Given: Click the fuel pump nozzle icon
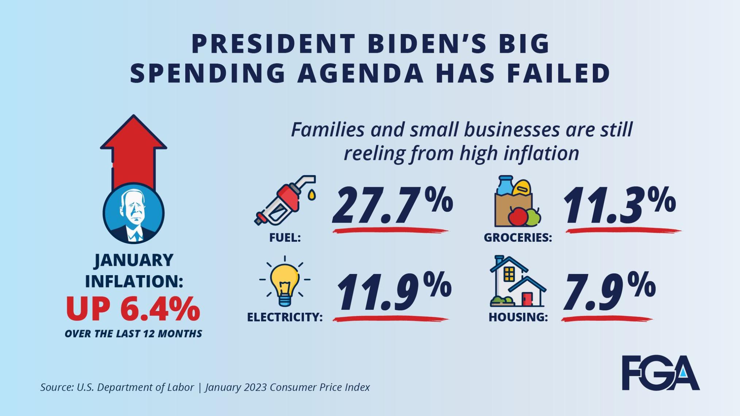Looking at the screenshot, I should point(285,200).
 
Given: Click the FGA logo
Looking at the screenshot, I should point(660,373).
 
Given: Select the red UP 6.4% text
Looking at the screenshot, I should point(133,309).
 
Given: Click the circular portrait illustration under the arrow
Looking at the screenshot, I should point(134,213).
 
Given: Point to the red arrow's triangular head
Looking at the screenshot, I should point(134,133).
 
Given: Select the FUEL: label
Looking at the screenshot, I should point(285,238).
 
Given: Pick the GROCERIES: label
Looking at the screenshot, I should point(517,238).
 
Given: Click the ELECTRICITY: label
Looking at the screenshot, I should point(285,317).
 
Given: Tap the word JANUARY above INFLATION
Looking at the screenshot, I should point(134,260).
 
